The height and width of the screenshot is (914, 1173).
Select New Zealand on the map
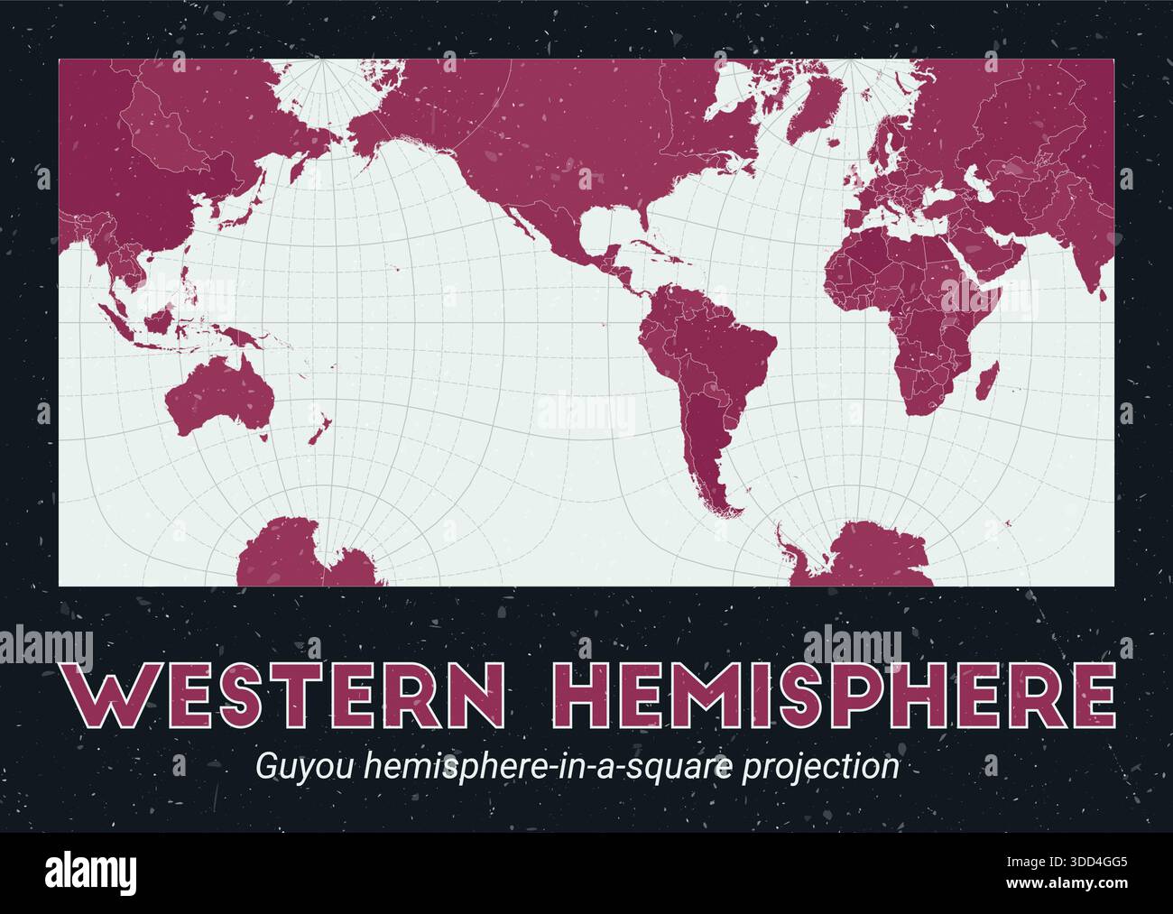click(x=318, y=425)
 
